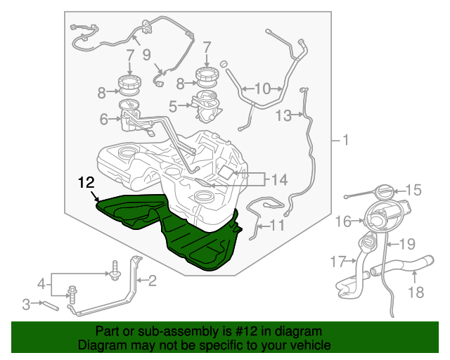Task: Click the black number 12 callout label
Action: (x=86, y=182)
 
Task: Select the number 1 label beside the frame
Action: (x=345, y=140)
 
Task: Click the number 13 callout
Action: (x=283, y=116)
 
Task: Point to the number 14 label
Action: (x=279, y=180)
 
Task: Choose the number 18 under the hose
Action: (x=416, y=292)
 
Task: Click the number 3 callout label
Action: (x=26, y=304)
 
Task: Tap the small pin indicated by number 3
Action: (x=51, y=306)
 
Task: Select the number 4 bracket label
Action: (x=41, y=284)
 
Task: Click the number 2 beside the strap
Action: (x=152, y=281)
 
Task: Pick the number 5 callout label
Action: (x=173, y=106)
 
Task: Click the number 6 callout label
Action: (x=103, y=119)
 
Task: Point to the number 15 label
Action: (x=413, y=190)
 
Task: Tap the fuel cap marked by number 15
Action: (x=385, y=192)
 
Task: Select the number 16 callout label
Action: (x=343, y=221)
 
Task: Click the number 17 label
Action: (x=338, y=262)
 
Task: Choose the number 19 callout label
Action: (x=407, y=244)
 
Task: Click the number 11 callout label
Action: (x=276, y=226)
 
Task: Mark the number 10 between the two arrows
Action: (x=262, y=89)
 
